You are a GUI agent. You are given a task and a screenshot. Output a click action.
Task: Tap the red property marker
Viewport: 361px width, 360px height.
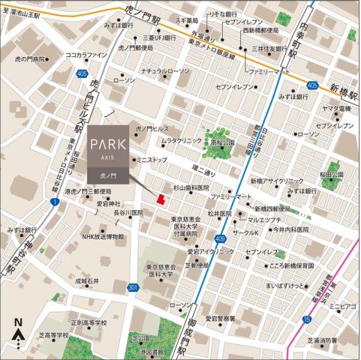click(158, 199)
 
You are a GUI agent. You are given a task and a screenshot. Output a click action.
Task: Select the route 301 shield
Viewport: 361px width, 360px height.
click(132, 287)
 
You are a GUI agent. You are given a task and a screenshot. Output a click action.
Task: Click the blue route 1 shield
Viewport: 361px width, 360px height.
click(54, 202)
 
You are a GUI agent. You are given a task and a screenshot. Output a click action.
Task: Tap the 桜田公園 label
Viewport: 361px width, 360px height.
click(331, 174)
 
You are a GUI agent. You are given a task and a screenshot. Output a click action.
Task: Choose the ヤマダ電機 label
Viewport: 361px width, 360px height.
click(337, 109)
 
